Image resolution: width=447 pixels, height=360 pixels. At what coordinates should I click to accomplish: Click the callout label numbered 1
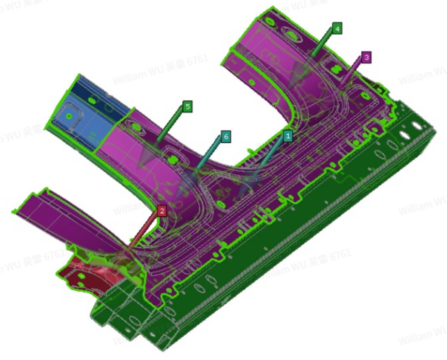(x=288, y=135)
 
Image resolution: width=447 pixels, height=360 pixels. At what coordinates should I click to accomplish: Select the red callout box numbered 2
(x=162, y=211)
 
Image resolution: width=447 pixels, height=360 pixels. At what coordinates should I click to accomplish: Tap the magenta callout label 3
(x=366, y=57)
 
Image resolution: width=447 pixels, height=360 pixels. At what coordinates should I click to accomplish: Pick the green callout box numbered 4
(x=337, y=28)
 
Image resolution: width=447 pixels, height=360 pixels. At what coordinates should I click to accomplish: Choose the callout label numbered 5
(x=188, y=107)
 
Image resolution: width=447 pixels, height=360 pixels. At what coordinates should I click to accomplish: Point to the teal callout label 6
(x=226, y=136)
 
